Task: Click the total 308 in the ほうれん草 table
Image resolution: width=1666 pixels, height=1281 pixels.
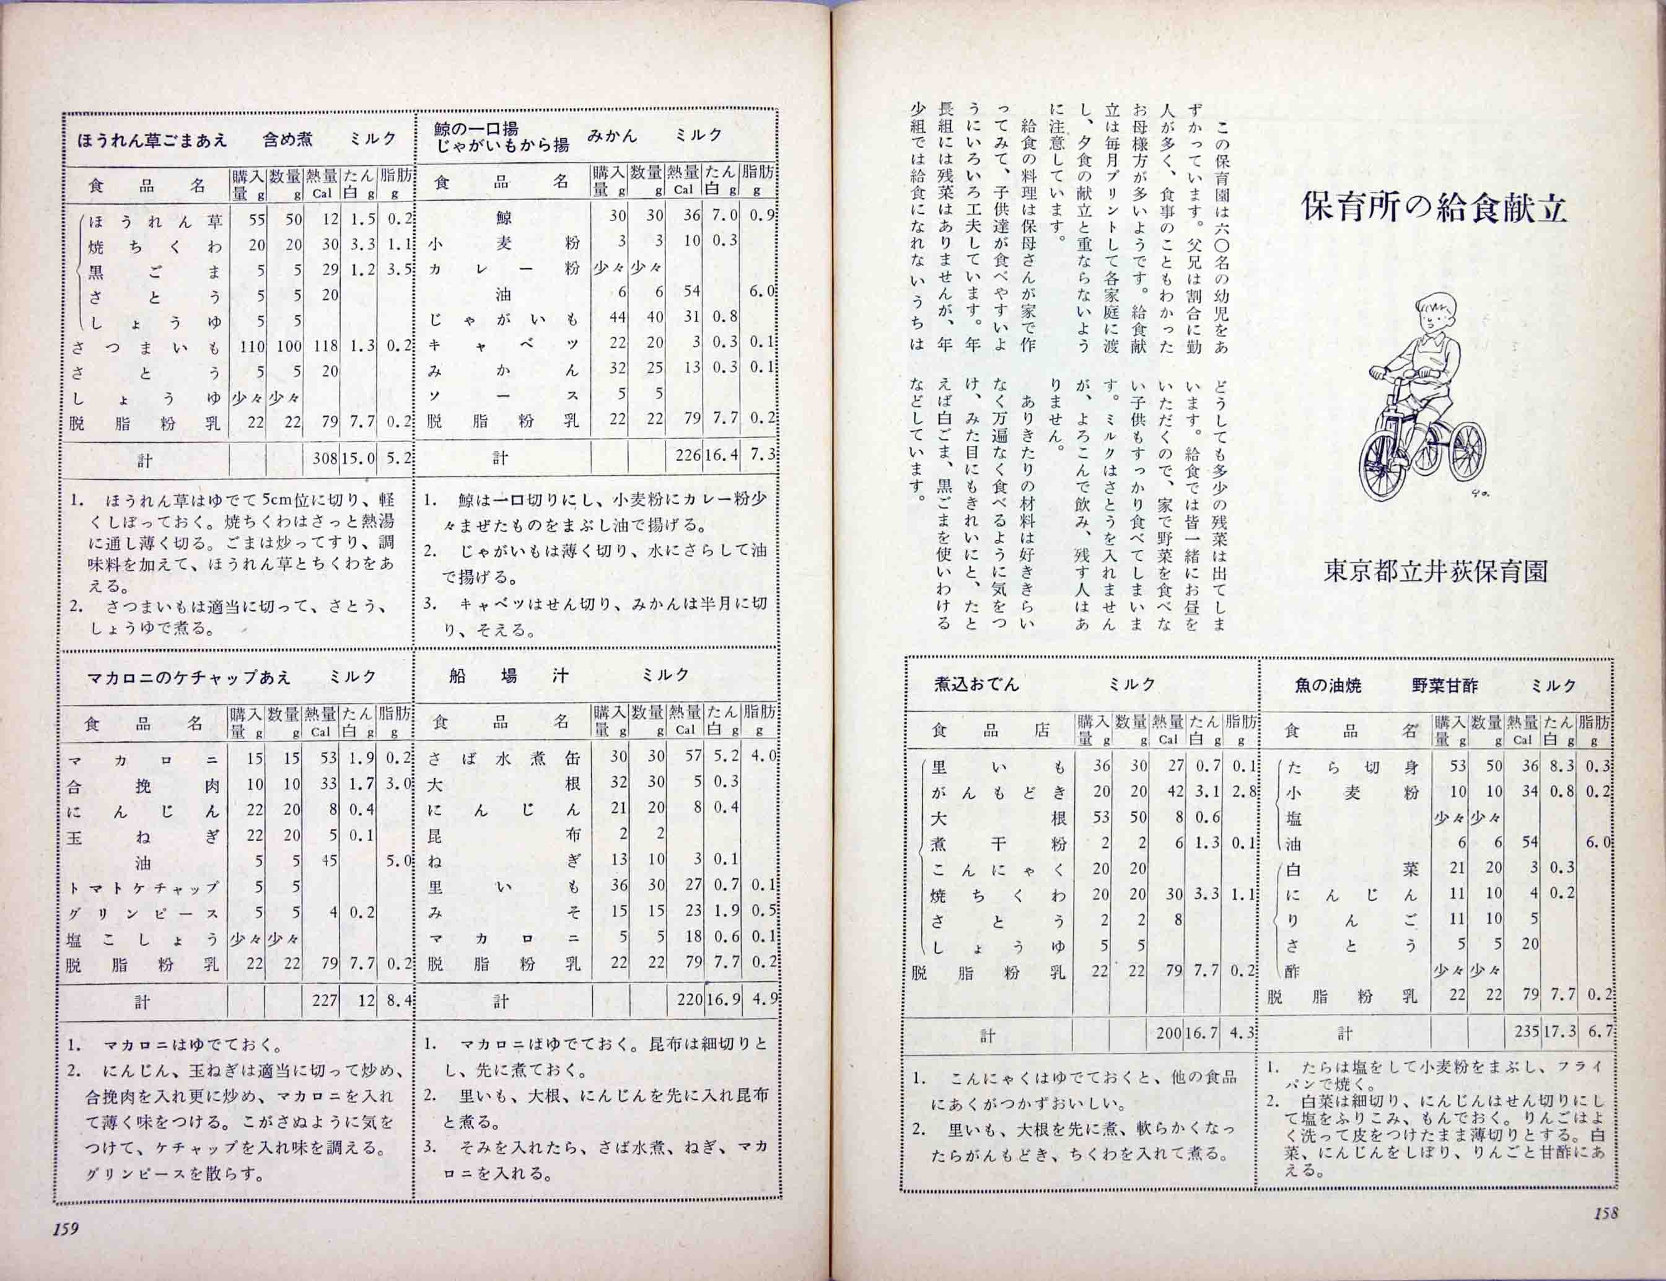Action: [324, 458]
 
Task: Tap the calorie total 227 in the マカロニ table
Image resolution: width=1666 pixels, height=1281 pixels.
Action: [325, 1000]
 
